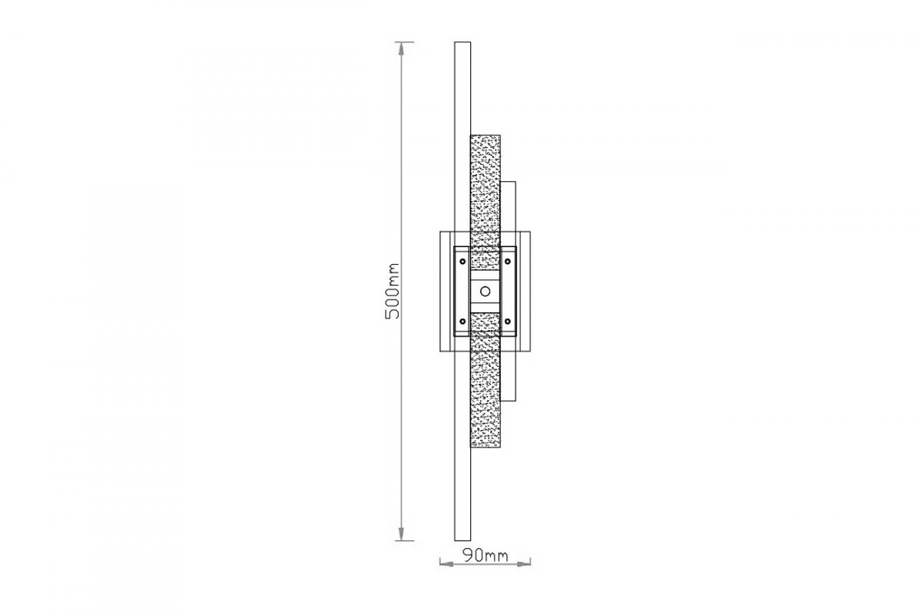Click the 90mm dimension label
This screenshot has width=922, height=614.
[486, 556]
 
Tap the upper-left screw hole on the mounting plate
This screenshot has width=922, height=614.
[463, 261]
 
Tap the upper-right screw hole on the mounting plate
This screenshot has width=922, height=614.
[508, 261]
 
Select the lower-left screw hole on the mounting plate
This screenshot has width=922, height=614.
[463, 321]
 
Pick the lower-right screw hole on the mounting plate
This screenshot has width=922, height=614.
[508, 321]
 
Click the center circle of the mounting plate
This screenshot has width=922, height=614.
[486, 292]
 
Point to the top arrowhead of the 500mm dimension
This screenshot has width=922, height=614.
[401, 48]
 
